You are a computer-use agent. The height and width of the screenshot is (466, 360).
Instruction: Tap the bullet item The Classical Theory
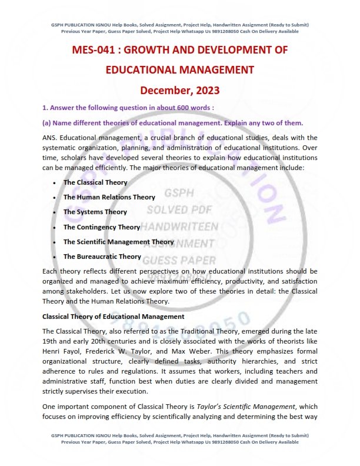[x=95, y=182]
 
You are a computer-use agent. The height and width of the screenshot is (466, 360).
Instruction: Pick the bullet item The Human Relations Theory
[x=109, y=197]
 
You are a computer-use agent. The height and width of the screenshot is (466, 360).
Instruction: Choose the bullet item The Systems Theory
[x=95, y=212]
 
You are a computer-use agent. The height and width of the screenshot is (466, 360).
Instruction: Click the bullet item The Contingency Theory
[x=102, y=227]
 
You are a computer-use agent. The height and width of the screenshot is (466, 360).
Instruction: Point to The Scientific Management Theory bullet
[x=119, y=241]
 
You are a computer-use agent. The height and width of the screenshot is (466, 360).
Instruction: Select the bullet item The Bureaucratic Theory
[x=102, y=256]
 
